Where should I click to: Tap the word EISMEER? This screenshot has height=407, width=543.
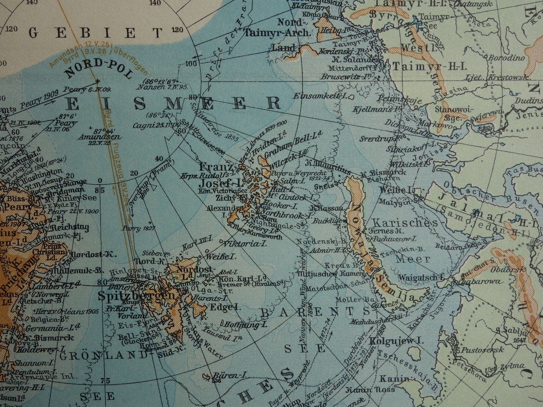pos(173,103)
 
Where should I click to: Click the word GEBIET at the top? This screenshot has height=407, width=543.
pos(95,32)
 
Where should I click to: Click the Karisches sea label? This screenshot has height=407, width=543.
pos(404,223)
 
